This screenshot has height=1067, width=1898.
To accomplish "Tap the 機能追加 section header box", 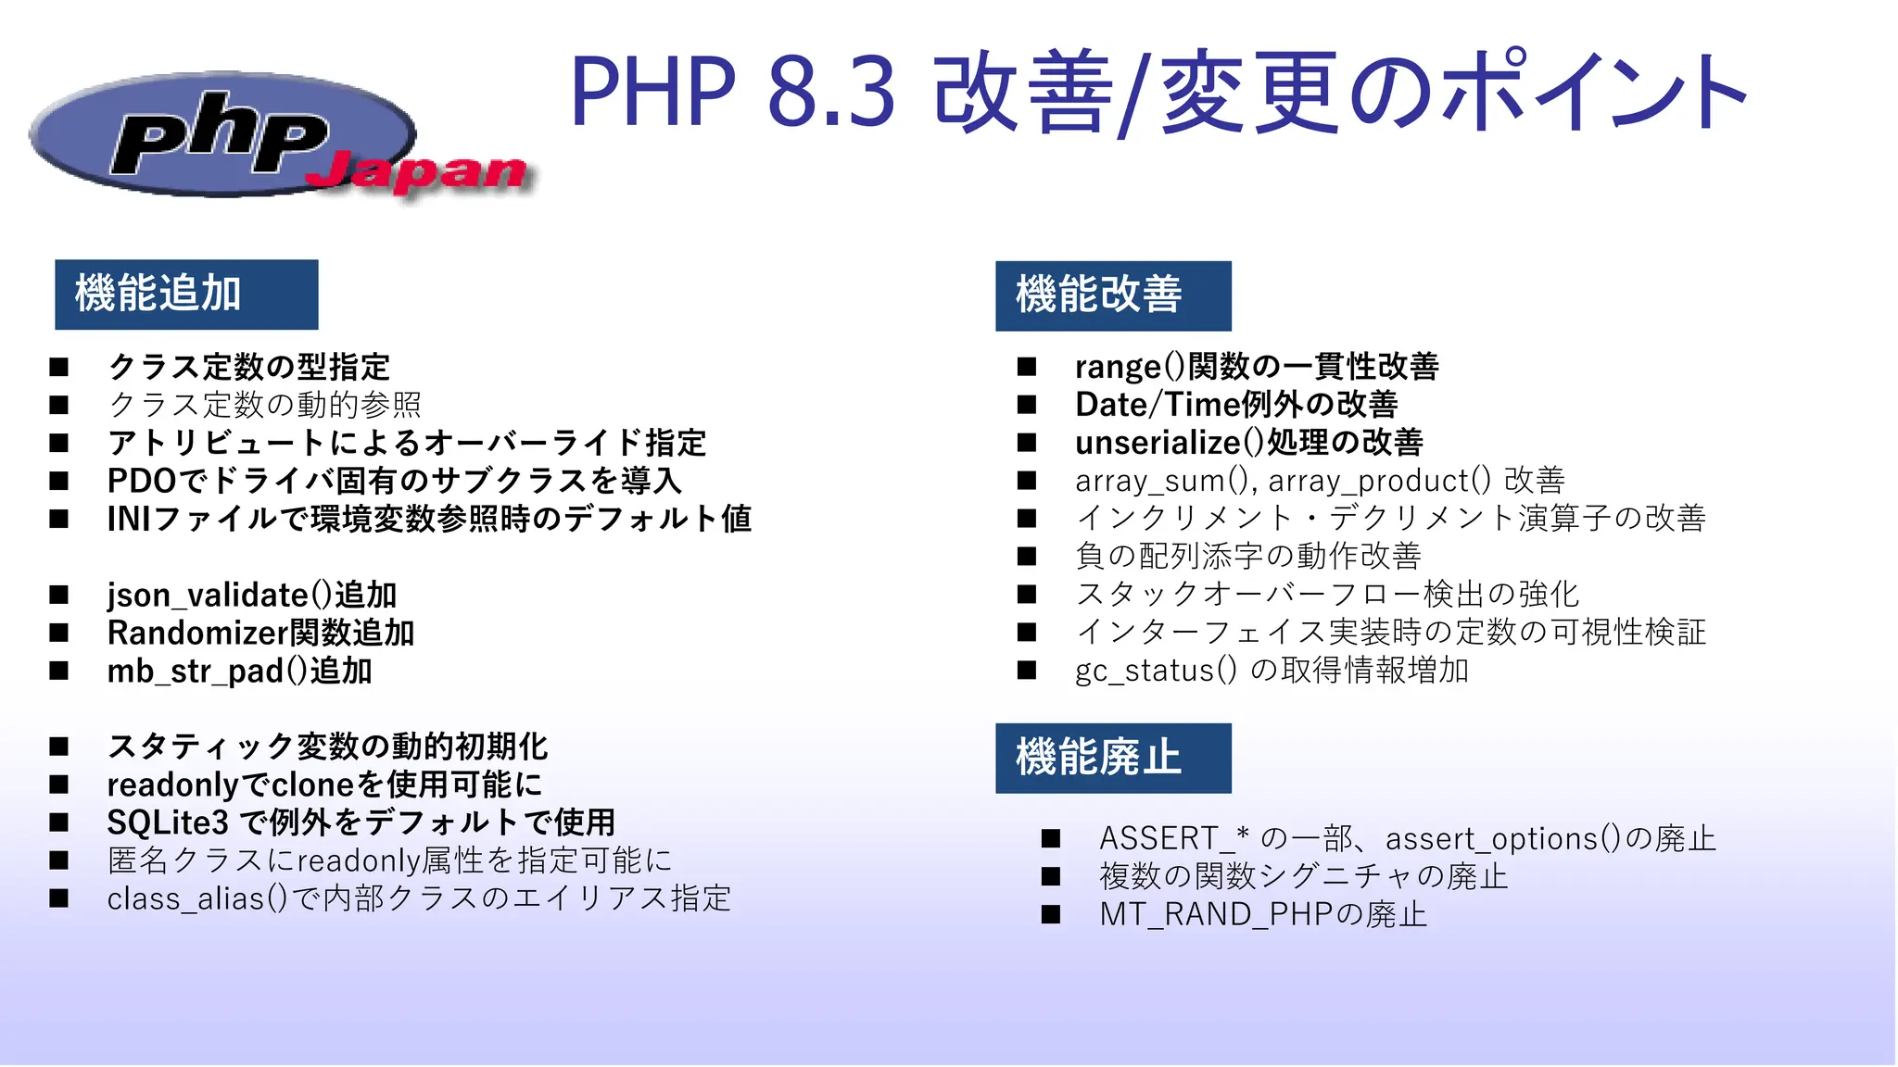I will click(186, 295).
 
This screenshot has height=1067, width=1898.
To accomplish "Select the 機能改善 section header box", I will click(1112, 295).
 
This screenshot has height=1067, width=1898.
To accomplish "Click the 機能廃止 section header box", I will click(1112, 758).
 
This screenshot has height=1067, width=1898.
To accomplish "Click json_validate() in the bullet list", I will click(219, 595).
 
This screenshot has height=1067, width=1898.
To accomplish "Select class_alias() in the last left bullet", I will click(197, 898).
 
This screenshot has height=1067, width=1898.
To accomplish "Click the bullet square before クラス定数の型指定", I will click(59, 367).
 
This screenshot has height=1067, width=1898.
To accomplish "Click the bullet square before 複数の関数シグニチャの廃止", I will click(1050, 876).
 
